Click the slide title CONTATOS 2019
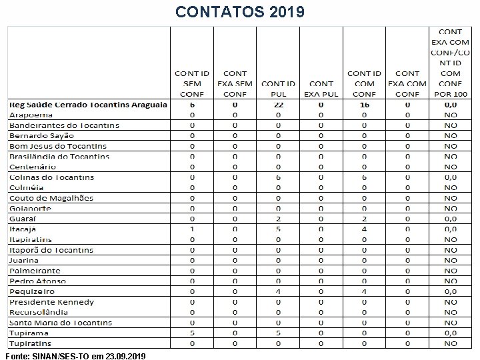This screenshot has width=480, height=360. pos(240,11)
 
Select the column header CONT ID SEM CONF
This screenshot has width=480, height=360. pos(192,83)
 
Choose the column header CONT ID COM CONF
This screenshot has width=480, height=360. pos(364,83)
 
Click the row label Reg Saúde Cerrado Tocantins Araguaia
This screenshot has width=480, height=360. pos(87,105)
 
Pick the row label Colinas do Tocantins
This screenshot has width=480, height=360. pos(51,177)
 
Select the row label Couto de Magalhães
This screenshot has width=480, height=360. pos(51,198)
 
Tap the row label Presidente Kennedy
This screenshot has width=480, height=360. pos(51,302)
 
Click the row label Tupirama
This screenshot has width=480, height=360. pos(29,333)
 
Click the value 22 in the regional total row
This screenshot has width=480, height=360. pos(279,105)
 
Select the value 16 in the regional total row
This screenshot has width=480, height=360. pos(364,105)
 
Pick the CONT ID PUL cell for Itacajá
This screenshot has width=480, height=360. pos(279,229)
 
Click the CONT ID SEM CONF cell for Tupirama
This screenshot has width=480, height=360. pos(192,333)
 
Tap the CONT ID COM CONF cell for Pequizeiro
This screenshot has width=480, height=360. pos(364,291)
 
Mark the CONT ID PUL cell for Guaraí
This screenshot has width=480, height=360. pos(279,219)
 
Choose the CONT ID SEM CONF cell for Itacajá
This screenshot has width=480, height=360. pos(192,229)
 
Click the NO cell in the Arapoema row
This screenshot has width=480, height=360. pos(451,115)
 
